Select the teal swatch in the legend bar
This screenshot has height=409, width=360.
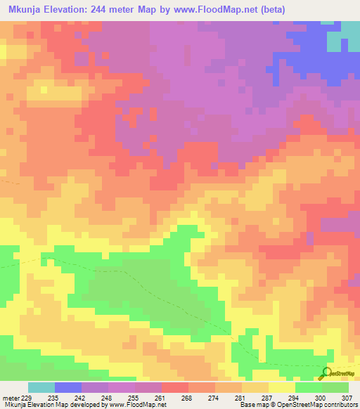[41, 387]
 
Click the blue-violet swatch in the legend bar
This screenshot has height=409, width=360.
[68, 387]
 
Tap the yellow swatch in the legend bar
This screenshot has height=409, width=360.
[282, 387]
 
